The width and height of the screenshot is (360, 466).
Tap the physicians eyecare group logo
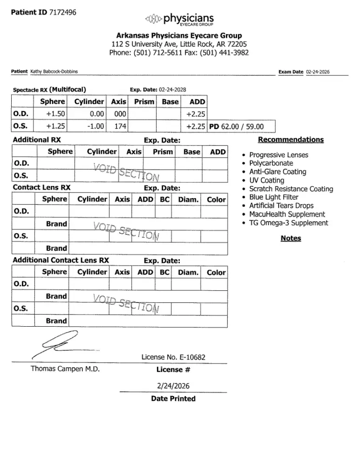tap(180, 20)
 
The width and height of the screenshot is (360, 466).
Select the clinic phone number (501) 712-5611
tap(156, 53)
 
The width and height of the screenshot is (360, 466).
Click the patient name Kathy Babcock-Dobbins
tap(54, 71)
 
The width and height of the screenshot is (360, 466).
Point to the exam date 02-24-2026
tap(318, 72)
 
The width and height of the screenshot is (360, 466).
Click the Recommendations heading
tap(291, 140)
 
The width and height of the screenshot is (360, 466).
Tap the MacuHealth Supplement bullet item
tap(287, 214)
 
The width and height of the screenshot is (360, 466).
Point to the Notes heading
tap(291, 239)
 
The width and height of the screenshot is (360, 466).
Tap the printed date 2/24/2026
tap(173, 386)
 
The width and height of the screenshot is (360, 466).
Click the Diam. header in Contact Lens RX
tap(188, 199)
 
